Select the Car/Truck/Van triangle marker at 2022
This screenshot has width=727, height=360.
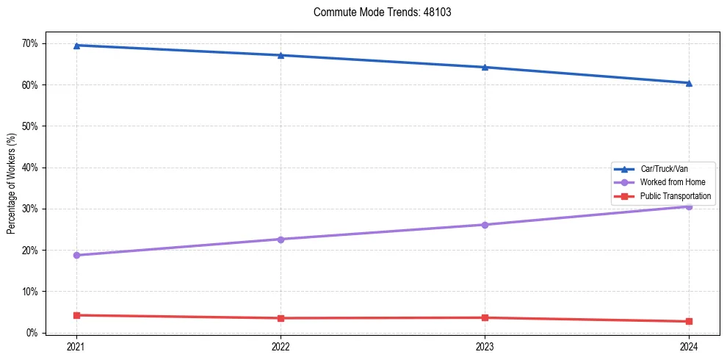pos(280,55)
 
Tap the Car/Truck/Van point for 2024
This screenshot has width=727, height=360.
pos(689,83)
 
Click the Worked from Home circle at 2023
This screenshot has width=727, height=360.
pos(485,225)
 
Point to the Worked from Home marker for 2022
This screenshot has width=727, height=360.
pos(280,240)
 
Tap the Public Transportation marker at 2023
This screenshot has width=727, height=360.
pos(485,317)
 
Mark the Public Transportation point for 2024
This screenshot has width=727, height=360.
pos(689,321)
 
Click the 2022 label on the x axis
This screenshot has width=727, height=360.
pos(280,346)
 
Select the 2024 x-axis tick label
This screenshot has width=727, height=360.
pos(689,346)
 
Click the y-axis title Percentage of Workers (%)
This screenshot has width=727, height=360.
pos(11,183)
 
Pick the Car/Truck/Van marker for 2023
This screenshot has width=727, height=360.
pos(485,67)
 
